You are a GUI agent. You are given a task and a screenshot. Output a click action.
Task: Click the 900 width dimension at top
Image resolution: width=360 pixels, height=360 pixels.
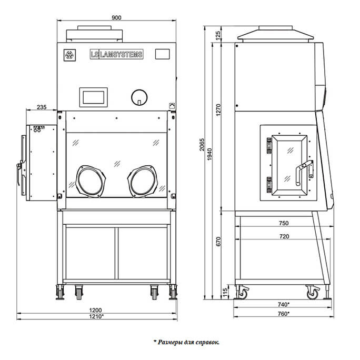(117, 17)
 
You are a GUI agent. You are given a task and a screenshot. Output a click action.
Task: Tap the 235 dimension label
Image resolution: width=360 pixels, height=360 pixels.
(42, 107)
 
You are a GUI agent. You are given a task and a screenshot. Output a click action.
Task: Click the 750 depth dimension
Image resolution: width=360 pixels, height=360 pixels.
(283, 223)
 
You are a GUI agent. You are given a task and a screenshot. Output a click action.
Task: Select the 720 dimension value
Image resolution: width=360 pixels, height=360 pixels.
(283, 237)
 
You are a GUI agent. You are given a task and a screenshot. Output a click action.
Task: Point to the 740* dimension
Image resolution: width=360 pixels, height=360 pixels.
(283, 305)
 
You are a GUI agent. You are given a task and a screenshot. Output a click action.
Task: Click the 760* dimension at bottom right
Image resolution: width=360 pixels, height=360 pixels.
(283, 314)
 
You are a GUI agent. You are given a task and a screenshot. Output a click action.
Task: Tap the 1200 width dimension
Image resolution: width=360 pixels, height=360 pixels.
(95, 310)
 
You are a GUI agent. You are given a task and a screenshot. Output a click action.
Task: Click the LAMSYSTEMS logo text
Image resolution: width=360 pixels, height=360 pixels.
(116, 54)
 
